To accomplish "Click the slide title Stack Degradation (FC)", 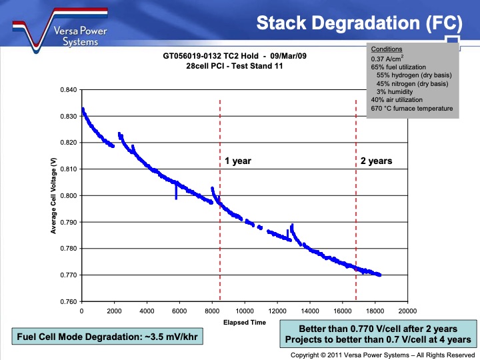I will click(x=359, y=23).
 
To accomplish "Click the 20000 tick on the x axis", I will click(x=407, y=311).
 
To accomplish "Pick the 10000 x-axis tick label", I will click(x=244, y=311).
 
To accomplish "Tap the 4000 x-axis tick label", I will click(x=147, y=311).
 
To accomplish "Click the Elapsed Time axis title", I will click(x=244, y=323).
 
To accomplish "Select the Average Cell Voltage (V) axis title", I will click(x=53, y=196).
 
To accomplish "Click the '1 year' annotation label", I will click(x=238, y=161).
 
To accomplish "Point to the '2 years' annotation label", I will click(x=376, y=161).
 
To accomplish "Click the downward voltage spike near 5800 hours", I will click(x=176, y=195).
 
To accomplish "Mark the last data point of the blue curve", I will click(x=379, y=275).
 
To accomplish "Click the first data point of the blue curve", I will click(x=82, y=109).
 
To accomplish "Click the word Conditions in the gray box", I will click(x=386, y=49).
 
